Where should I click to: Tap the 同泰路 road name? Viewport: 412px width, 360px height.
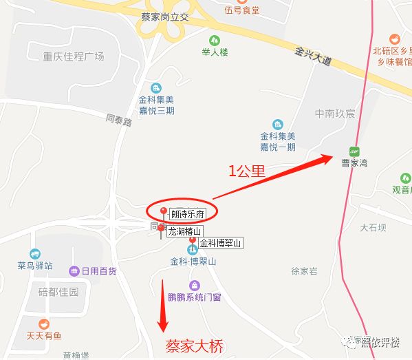point(119,119)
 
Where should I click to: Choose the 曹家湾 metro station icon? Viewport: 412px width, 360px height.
point(355,151)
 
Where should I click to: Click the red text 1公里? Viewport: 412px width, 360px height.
point(247,171)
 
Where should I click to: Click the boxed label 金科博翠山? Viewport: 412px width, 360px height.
point(221,243)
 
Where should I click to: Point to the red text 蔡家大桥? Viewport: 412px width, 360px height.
point(195,346)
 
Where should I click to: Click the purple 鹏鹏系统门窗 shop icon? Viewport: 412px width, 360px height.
point(194,285)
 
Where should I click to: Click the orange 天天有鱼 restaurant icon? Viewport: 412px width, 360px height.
point(44,324)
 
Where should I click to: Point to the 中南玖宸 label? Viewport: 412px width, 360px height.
point(334,114)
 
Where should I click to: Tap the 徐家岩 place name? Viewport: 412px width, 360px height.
point(304,271)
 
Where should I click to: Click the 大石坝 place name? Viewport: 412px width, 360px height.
point(373,226)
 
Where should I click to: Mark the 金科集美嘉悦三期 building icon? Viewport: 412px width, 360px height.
point(156,87)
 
